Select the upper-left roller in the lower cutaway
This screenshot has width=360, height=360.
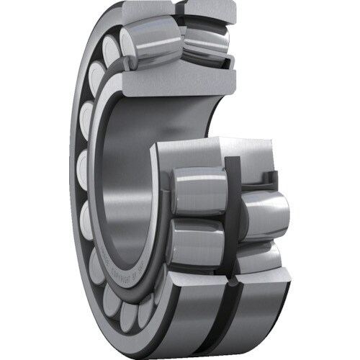pos(198,191)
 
